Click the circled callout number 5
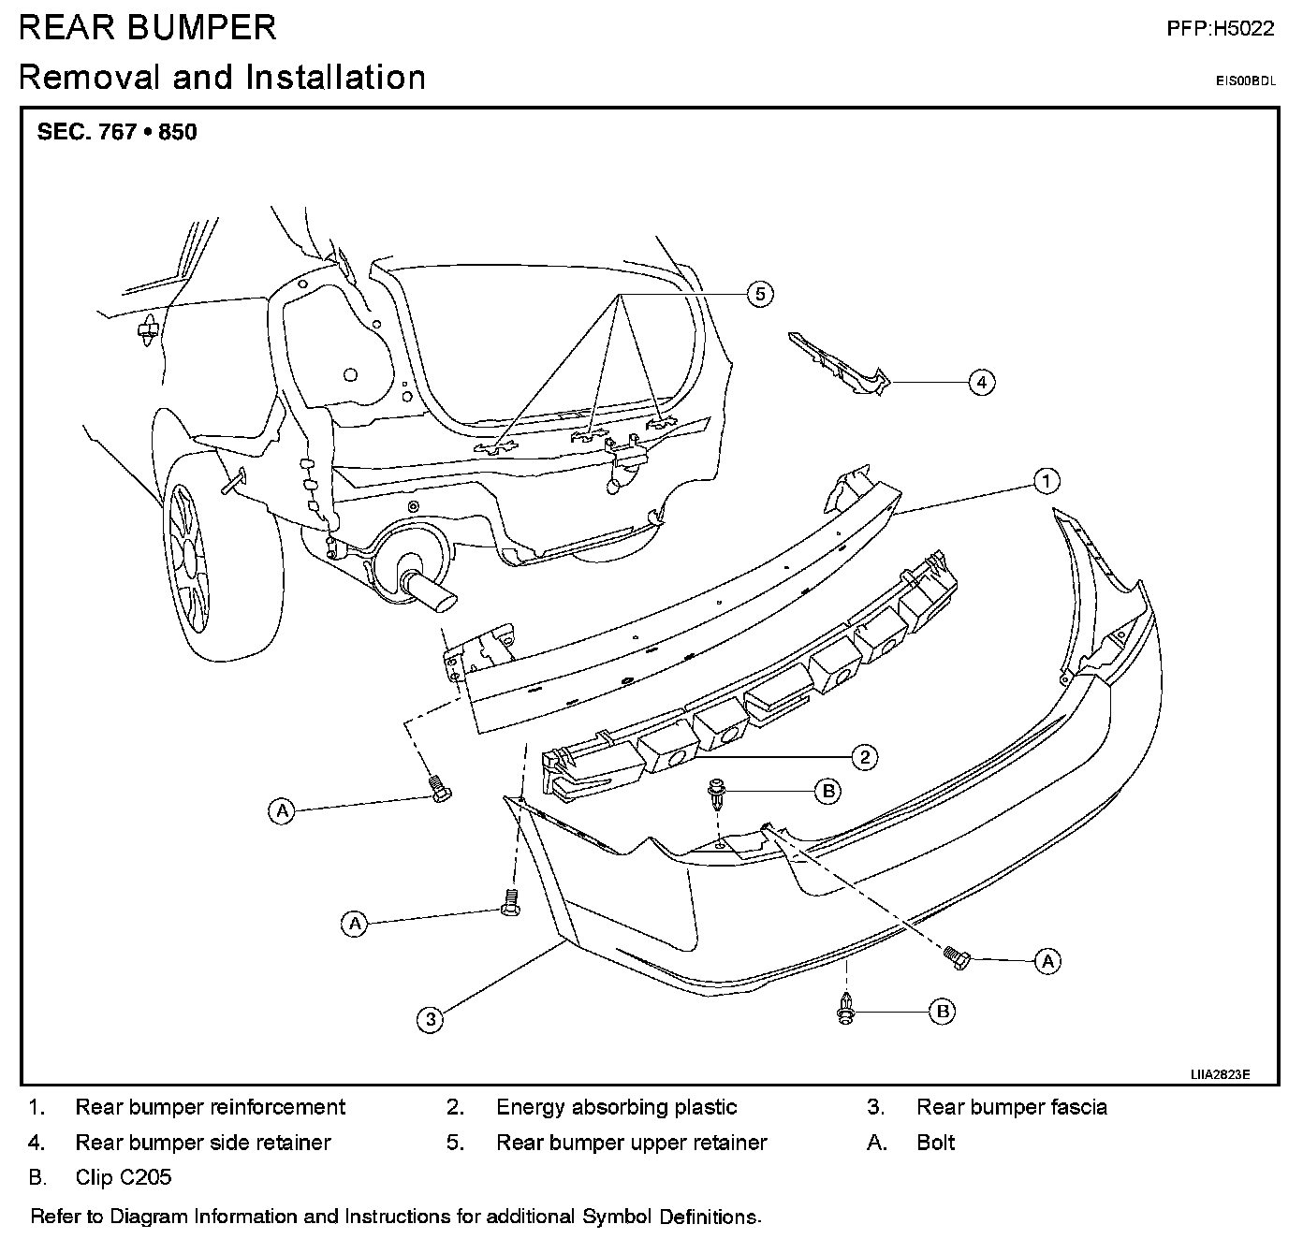pos(759,294)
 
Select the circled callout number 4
pos(982,383)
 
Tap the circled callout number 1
pos(1047,481)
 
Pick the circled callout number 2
pos(864,757)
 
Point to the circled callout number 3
pos(431,1019)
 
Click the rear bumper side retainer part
pos(839,364)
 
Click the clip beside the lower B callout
pos(845,1009)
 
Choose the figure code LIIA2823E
pos(1220,1074)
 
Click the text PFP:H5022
pos(1221,28)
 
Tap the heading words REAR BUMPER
pos(147,28)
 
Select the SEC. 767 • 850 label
pos(117,132)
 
